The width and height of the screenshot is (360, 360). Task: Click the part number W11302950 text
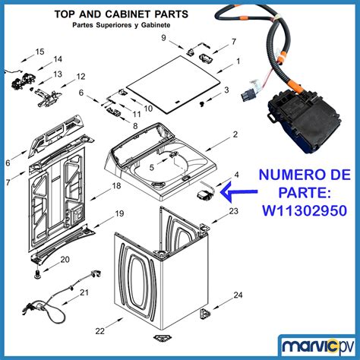pos(305,210)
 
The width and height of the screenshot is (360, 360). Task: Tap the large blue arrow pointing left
pos(238,192)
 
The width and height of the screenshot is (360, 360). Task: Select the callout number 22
pos(100,330)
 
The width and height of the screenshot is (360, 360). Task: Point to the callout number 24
pos(238,295)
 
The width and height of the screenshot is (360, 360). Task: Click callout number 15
pos(39,52)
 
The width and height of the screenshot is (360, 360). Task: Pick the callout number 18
pos(116,185)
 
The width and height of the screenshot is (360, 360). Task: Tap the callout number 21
pos(84,292)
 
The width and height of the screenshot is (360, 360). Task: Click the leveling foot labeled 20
pos(38,273)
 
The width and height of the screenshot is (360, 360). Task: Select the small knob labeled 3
pos(202,103)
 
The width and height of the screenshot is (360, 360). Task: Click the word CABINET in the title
pos(128,14)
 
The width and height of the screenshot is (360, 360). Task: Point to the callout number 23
pos(234,210)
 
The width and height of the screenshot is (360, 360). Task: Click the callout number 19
pos(119,213)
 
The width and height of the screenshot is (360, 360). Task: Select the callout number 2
pos(235,134)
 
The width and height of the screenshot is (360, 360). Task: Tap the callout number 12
pos(81,77)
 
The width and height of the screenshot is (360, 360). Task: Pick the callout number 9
pos(164,37)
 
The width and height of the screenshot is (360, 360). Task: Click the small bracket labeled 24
pos(205,314)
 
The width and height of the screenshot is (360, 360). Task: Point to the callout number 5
pos(151,167)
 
